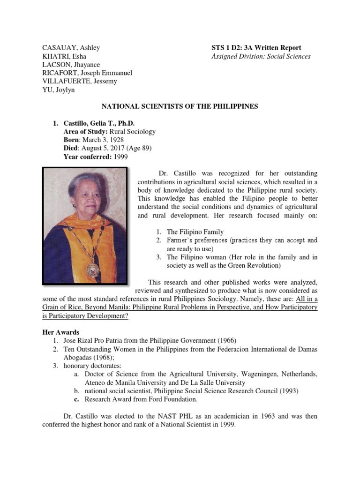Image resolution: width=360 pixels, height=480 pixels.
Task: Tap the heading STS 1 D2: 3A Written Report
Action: (x=257, y=48)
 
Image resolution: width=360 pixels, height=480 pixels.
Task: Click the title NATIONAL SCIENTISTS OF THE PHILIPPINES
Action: (x=180, y=106)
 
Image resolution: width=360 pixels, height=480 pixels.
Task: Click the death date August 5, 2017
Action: (x=105, y=149)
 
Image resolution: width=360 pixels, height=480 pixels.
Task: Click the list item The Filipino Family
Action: (x=195, y=232)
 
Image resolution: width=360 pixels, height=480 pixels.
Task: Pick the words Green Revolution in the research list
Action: (x=247, y=265)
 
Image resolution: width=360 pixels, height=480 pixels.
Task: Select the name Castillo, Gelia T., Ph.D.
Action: (x=99, y=123)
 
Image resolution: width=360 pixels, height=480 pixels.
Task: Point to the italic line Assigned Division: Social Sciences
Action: (x=262, y=56)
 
